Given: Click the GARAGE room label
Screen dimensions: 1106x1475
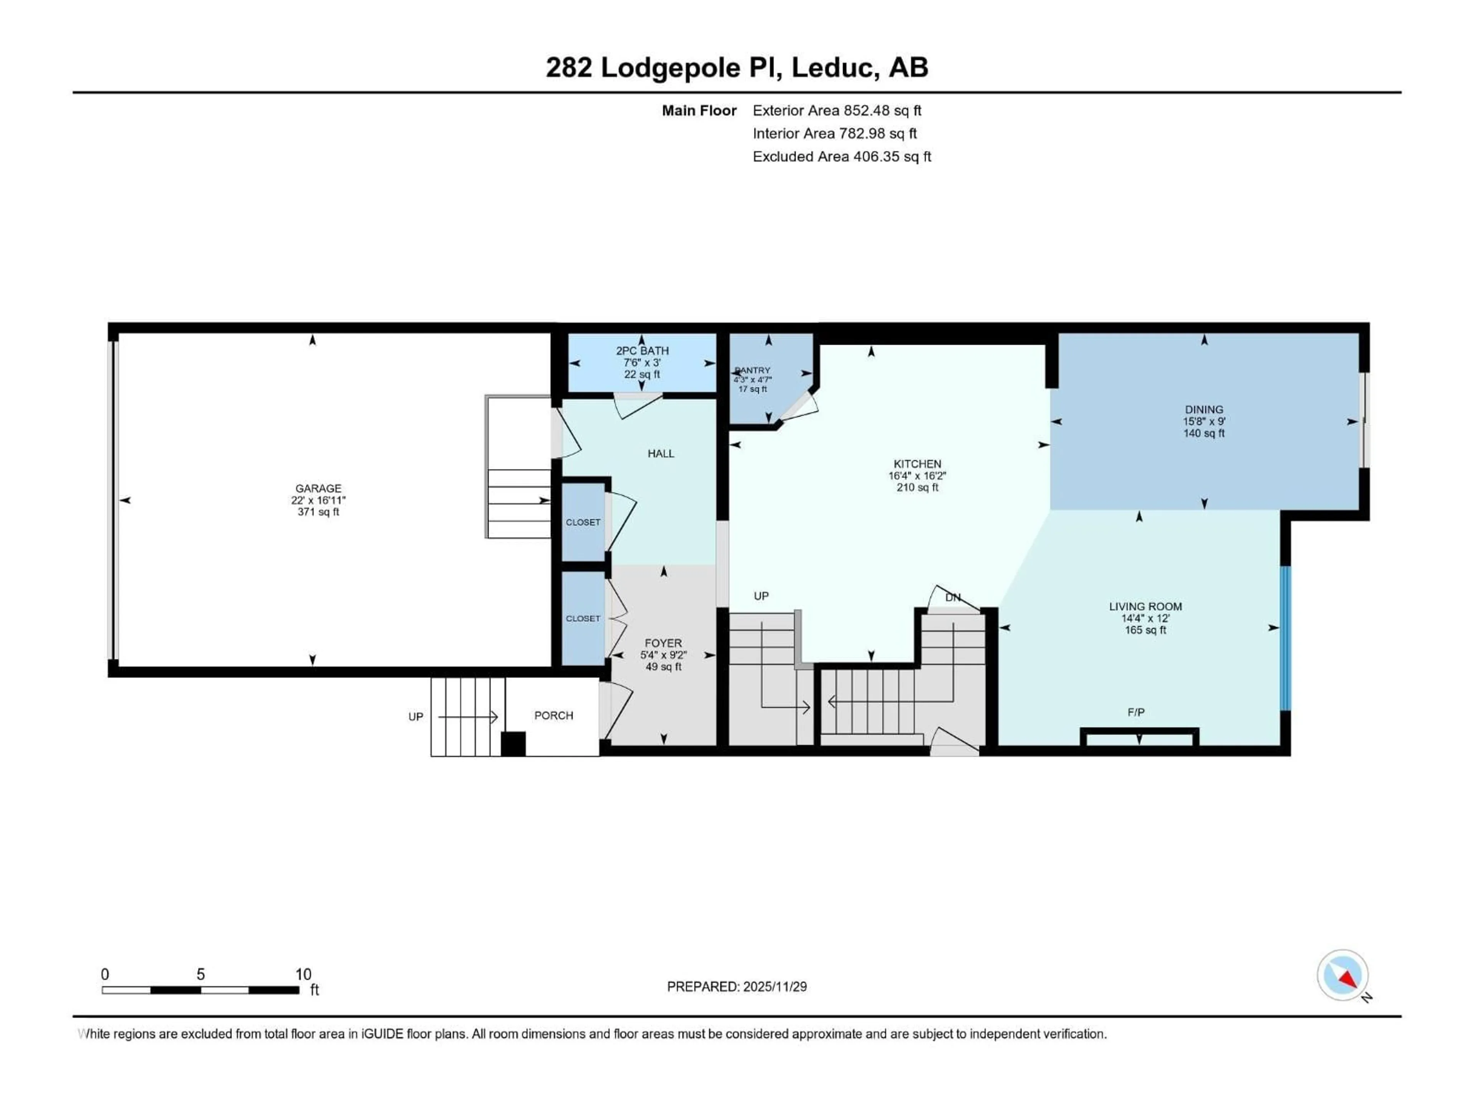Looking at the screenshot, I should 318,488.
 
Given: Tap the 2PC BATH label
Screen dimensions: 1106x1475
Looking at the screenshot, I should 641,351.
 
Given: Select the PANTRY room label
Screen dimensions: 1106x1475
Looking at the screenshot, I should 753,371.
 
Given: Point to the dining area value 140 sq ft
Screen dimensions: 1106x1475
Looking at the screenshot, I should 1203,433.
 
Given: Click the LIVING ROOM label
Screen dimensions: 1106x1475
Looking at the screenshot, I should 1145,607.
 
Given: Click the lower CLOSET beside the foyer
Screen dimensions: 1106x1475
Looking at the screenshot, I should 583,619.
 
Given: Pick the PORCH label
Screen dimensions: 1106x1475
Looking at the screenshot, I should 554,715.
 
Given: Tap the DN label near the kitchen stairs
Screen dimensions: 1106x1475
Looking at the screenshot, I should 953,597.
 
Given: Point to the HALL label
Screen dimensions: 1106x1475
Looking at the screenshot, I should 661,453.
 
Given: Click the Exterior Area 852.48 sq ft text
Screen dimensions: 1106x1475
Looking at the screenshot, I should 837,111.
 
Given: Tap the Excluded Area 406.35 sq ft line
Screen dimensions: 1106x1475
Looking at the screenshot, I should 842,157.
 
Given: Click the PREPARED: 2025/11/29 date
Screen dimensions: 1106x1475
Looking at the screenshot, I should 737,987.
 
